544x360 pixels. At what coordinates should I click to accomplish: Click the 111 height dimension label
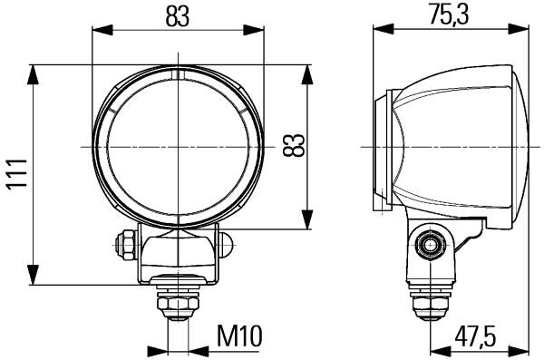(17, 173)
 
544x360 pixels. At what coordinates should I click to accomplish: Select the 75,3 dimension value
(449, 15)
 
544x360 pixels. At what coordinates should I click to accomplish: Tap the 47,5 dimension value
(476, 336)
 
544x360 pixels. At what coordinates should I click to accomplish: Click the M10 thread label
(239, 336)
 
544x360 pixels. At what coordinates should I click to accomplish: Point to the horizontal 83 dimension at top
(178, 16)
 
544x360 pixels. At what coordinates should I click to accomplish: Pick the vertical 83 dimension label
(293, 145)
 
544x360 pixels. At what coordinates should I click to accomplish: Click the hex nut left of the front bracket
(126, 246)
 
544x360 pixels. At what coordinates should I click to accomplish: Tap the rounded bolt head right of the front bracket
(225, 245)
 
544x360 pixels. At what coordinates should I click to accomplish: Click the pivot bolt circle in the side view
(430, 246)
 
